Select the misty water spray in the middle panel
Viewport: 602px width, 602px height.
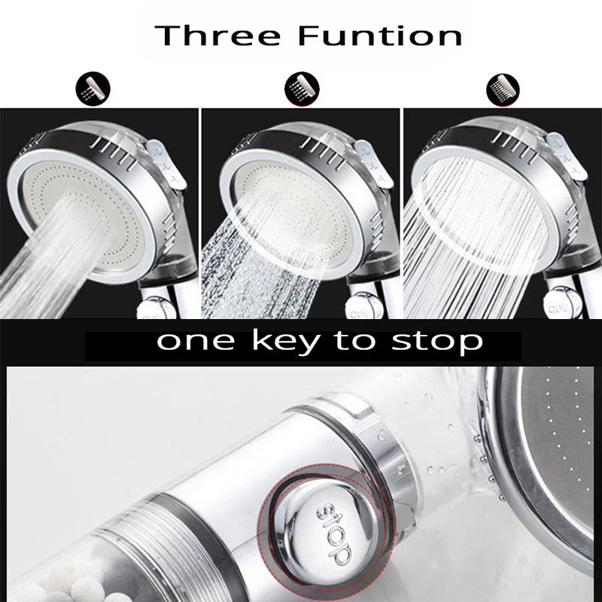[x=263, y=278]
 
